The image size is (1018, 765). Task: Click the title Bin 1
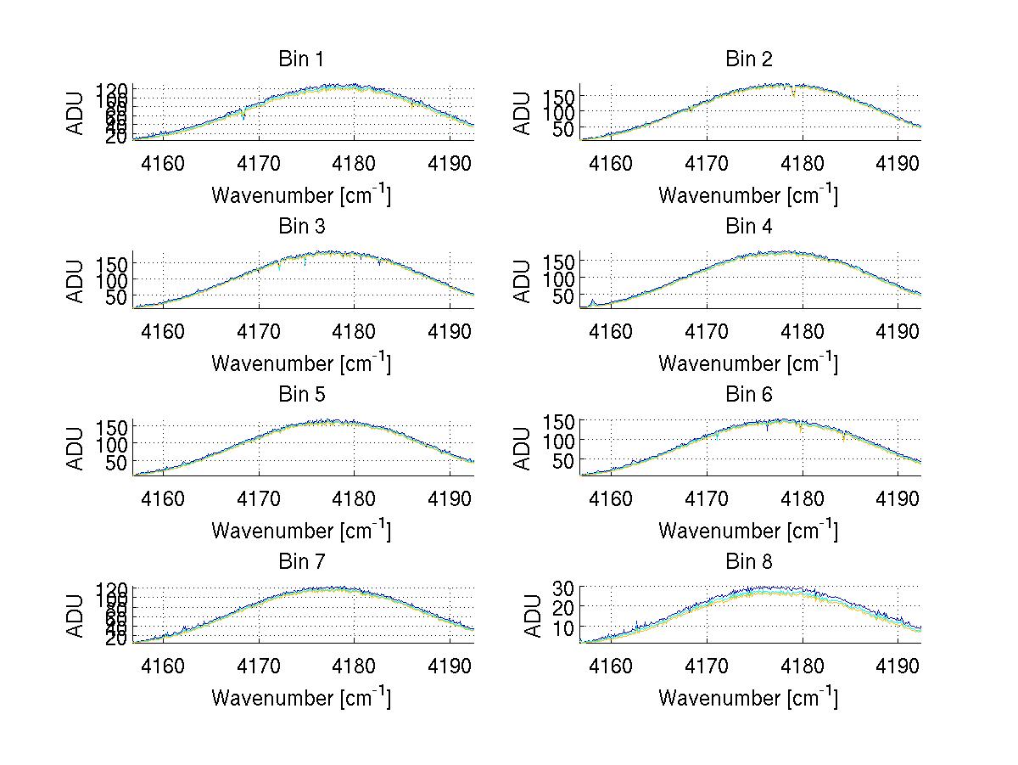pos(301,59)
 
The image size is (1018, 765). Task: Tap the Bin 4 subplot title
pos(749,227)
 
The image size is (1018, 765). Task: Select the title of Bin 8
pos(749,562)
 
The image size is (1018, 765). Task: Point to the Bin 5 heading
pos(301,395)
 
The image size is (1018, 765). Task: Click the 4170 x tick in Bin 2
pos(707,164)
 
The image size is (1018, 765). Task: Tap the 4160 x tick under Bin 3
pos(163,331)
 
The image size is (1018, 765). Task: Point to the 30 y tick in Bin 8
pos(565,588)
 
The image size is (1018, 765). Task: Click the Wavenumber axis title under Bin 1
pos(301,195)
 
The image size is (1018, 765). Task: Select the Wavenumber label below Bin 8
pos(748,698)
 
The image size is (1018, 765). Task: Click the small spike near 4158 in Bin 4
pos(592,301)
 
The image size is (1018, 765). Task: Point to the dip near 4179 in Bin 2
pos(793,94)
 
